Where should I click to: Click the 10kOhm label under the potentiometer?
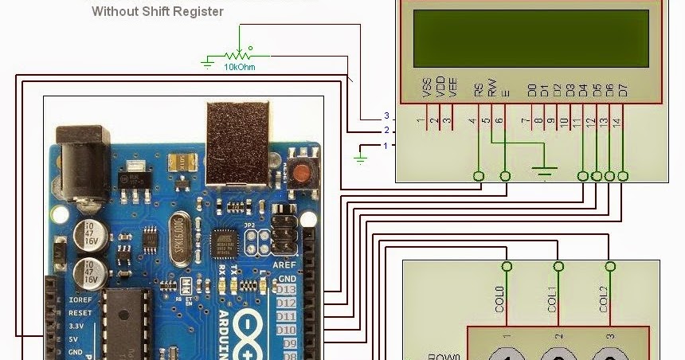(240, 66)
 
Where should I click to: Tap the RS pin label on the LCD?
(478, 89)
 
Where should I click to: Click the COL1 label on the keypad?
(551, 299)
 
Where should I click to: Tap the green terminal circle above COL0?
(505, 267)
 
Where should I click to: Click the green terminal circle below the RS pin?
(479, 176)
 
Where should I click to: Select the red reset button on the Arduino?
(301, 172)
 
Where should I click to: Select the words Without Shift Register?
(158, 12)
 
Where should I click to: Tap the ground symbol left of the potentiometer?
(209, 61)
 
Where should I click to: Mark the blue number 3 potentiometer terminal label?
(386, 116)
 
